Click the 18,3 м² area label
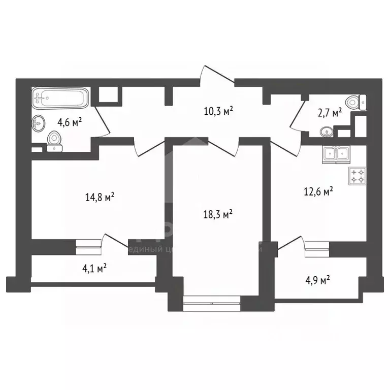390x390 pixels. click(x=217, y=214)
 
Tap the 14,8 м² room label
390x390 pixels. click(x=100, y=197)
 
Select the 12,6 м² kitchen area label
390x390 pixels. click(x=318, y=191)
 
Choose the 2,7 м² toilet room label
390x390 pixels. click(x=330, y=112)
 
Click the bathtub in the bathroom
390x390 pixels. click(x=60, y=97)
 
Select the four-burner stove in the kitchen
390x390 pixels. click(x=357, y=176)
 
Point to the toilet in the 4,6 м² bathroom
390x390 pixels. click(x=54, y=140)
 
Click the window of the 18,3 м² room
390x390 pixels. click(x=211, y=306)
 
